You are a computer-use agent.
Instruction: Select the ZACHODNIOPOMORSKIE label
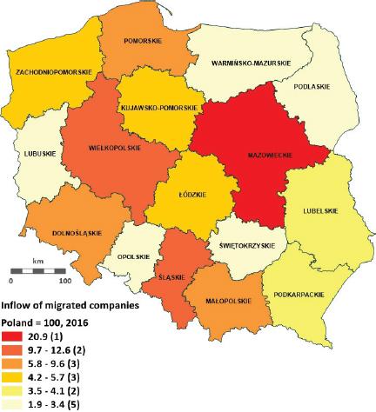coord(50,62)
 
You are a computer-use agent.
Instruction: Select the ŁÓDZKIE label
coord(190,195)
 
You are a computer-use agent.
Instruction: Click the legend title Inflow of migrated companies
coord(69,305)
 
